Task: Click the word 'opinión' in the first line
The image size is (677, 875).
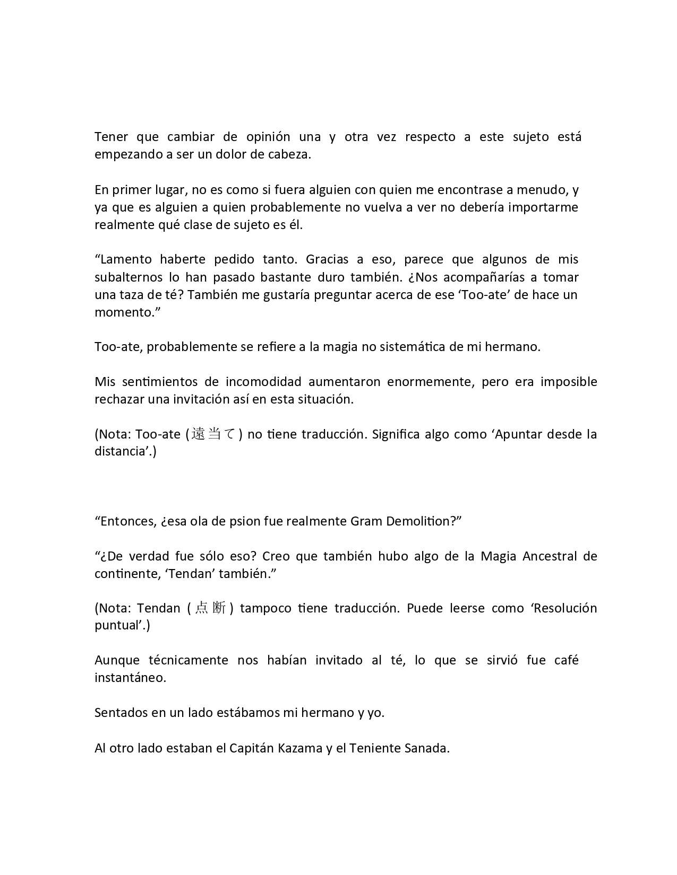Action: (268, 137)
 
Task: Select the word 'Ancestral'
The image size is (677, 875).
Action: (550, 556)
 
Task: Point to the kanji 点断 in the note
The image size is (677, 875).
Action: (210, 608)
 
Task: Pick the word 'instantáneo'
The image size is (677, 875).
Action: (130, 678)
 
